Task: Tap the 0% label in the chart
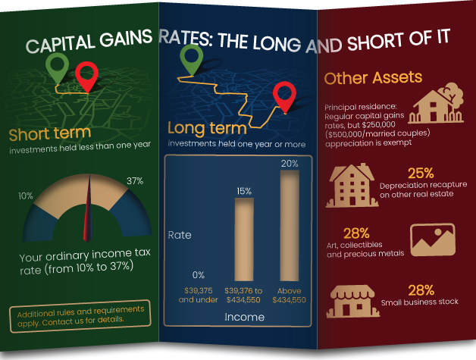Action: coord(198,274)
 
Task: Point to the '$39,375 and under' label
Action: coord(198,295)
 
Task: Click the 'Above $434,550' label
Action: coord(289,295)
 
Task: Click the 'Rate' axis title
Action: coord(180,235)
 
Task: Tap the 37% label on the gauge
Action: coord(135,181)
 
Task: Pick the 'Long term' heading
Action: coord(206,127)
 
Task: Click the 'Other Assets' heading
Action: coord(373,78)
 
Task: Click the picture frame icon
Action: coord(431,239)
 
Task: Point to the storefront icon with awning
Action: coord(352,301)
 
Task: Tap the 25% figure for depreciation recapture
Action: coord(420,173)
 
